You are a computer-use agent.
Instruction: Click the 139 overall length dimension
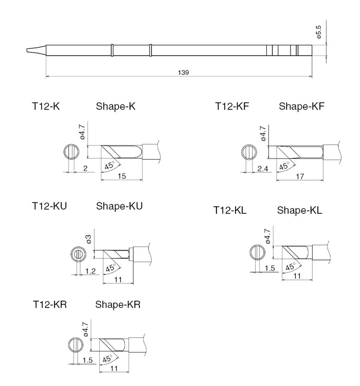(183, 73)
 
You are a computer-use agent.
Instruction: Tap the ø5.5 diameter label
(318, 32)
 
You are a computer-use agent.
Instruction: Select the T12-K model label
(46, 107)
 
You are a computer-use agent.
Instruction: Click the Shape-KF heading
(301, 107)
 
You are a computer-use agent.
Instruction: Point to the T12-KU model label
(49, 206)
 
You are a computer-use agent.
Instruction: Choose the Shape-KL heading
(299, 210)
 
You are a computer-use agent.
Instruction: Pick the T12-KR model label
(50, 305)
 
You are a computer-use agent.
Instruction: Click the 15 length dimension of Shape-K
(122, 176)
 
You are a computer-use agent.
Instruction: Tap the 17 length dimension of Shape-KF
(300, 176)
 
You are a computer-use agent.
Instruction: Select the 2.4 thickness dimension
(263, 169)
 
